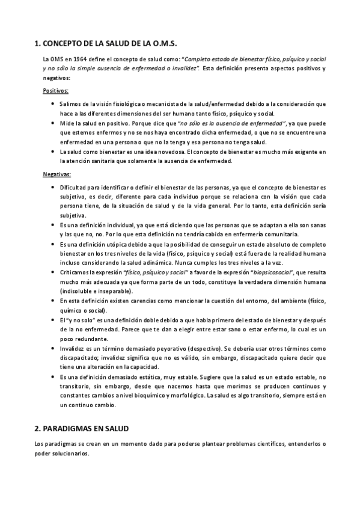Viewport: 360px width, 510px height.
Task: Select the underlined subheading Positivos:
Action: coord(55,90)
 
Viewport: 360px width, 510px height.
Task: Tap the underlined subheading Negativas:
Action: coord(56,175)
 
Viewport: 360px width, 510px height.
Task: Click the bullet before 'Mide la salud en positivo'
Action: coord(54,123)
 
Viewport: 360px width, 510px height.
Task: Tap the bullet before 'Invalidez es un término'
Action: coord(54,348)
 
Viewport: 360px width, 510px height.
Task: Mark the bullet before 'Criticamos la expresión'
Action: coord(54,272)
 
